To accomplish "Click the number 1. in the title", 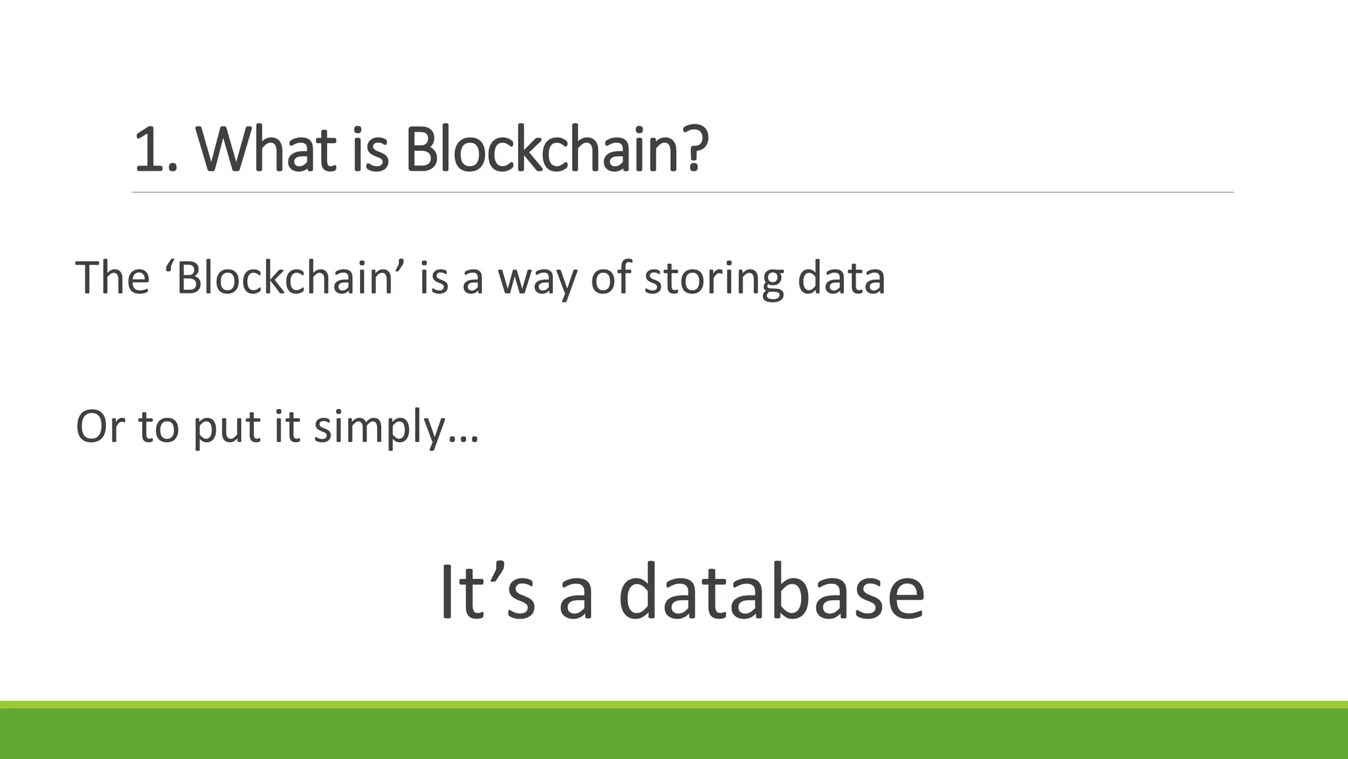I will pyautogui.click(x=155, y=150).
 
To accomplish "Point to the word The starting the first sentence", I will pyautogui.click(x=113, y=278).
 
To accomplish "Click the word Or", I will pyautogui.click(x=100, y=426).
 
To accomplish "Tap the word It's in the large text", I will pyautogui.click(x=487, y=591).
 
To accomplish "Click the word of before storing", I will pyautogui.click(x=611, y=278).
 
